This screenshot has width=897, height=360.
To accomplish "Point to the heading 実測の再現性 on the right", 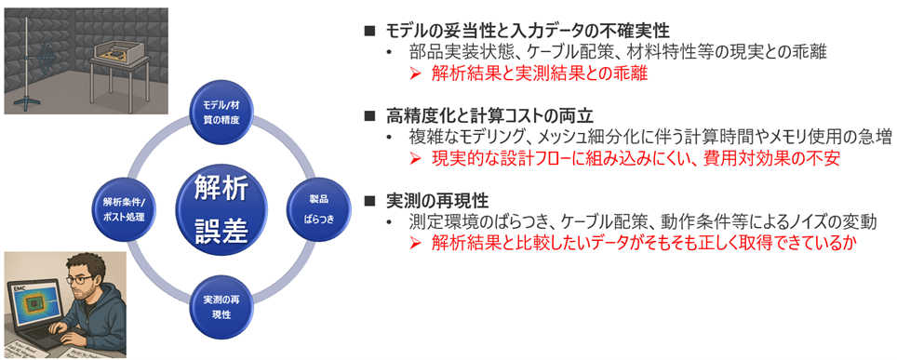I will tap(437, 201).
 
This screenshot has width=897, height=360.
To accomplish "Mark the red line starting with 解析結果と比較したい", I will tap(642, 244).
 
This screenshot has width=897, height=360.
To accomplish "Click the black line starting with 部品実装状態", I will tap(613, 52).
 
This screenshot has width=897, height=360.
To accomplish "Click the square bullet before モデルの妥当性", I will tap(369, 31).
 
